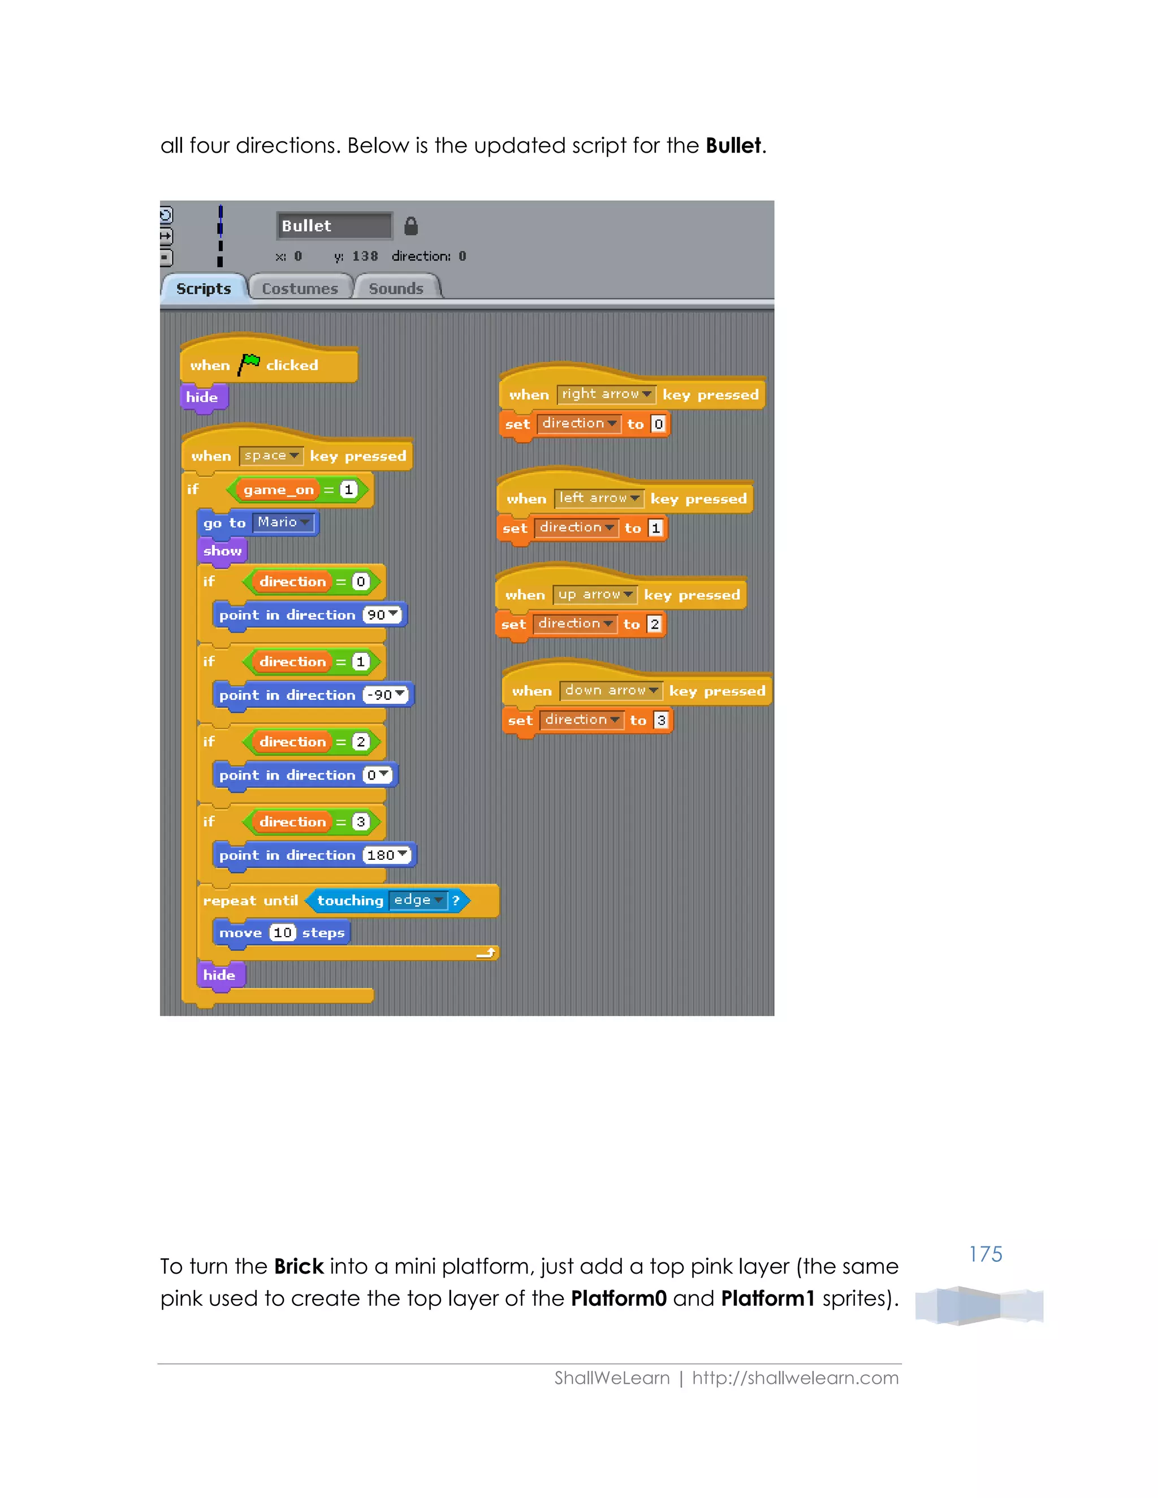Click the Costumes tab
coord(300,288)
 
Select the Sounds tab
coord(396,288)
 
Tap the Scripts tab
coord(203,288)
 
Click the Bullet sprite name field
coord(334,226)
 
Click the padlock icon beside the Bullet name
coord(411,226)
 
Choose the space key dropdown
coord(271,456)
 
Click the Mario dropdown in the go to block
coord(283,523)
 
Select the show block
coord(222,551)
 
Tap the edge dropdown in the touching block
coord(418,900)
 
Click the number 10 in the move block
coord(283,932)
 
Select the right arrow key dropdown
coord(606,393)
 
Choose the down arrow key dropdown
coord(611,690)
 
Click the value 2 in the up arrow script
coord(654,624)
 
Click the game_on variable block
coord(279,490)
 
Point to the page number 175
coord(985,1254)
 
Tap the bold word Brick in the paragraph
coord(299,1266)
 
